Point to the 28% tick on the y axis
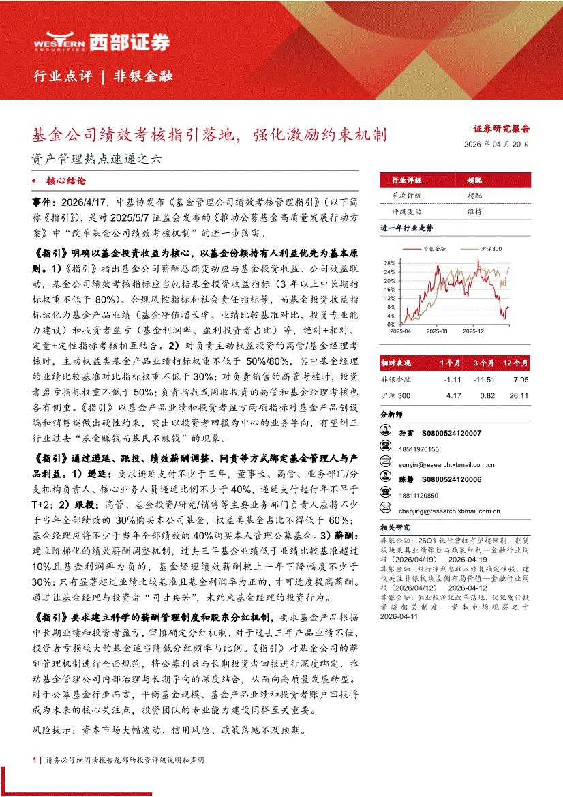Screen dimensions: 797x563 pyautogui.click(x=389, y=262)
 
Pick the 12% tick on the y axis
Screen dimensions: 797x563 pyautogui.click(x=389, y=298)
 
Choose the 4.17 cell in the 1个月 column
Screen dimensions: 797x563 pyautogui.click(x=453, y=395)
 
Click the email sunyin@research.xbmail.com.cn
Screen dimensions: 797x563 pyautogui.click(x=446, y=464)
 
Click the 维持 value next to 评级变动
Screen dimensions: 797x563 pyautogui.click(x=474, y=212)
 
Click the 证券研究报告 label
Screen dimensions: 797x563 pyautogui.click(x=501, y=128)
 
